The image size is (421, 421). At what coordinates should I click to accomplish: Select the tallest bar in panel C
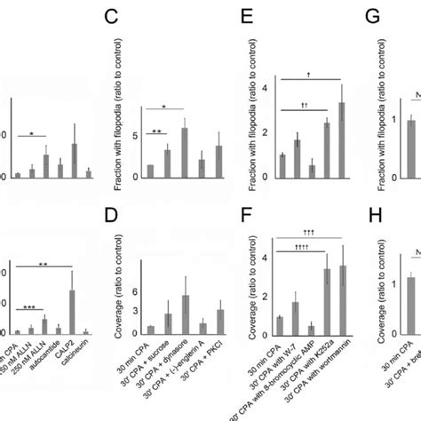point(184,153)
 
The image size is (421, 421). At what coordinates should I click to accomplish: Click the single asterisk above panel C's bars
point(168,104)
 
